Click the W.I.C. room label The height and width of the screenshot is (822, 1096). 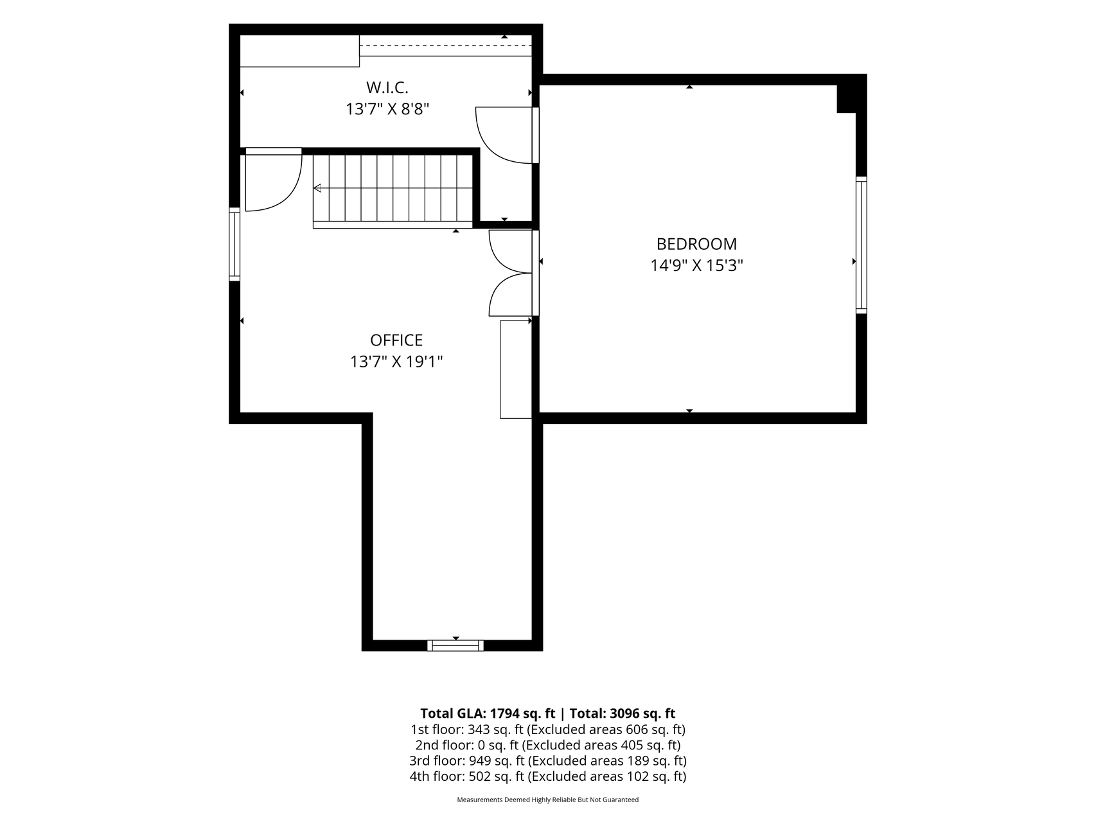(387, 87)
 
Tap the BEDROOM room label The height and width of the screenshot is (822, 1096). (696, 244)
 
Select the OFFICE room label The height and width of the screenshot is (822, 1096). (396, 340)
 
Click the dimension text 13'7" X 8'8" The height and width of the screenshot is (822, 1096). (387, 109)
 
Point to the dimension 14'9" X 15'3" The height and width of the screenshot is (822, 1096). (696, 266)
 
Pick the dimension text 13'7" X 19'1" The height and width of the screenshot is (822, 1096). (396, 362)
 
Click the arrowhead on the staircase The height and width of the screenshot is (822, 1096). (317, 188)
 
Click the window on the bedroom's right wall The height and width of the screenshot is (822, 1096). (861, 245)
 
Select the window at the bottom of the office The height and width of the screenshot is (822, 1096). (455, 645)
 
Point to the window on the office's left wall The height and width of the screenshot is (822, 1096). (234, 244)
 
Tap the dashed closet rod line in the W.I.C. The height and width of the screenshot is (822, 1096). (445, 46)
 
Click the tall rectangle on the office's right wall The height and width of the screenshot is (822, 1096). (516, 369)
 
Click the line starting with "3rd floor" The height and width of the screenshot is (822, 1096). (548, 761)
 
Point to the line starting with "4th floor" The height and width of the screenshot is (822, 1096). (548, 776)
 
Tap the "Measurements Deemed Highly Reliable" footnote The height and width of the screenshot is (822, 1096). (548, 800)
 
